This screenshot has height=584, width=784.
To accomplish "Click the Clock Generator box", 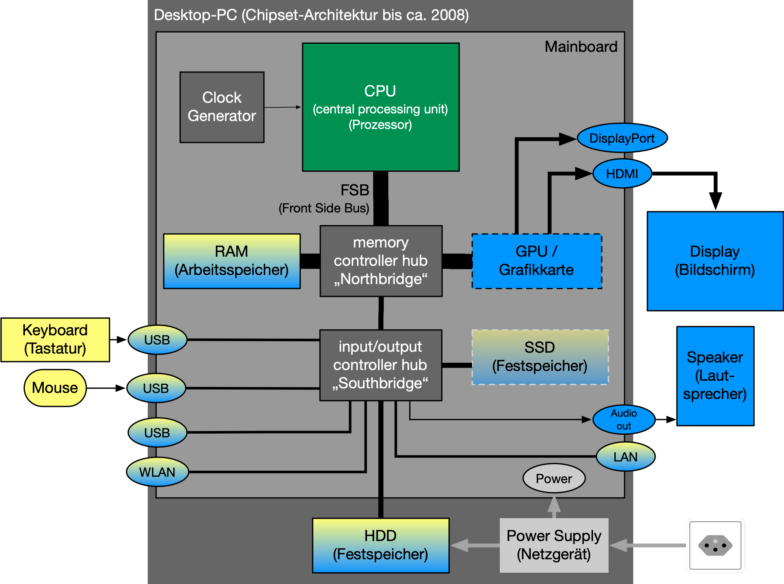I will tap(222, 107).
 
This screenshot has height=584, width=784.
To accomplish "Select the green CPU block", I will tap(380, 107).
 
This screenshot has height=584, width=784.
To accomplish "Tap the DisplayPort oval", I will tap(622, 138).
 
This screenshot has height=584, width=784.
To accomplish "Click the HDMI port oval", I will tap(622, 173).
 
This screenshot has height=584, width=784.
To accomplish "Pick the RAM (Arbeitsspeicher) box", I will tap(232, 261).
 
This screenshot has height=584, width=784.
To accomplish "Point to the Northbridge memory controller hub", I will tap(381, 261).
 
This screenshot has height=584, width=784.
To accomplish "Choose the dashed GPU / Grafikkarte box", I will tap(536, 261).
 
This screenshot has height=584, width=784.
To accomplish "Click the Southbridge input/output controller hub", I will tap(380, 365).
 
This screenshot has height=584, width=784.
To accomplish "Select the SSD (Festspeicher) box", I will tap(540, 357).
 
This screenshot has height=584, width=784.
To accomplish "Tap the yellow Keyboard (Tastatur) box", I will tap(55, 339).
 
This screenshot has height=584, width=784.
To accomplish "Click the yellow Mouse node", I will tap(55, 388).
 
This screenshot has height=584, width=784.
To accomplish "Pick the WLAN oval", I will tap(157, 472).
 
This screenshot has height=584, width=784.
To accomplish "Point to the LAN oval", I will tap(625, 457).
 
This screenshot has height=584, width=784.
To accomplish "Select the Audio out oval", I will tap(624, 420).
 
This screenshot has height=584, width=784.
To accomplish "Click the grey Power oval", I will tap(554, 478).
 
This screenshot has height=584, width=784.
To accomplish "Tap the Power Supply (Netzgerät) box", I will tap(554, 545).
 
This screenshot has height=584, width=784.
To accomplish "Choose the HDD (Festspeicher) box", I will tap(380, 545).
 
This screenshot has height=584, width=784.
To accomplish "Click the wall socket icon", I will tap(715, 545).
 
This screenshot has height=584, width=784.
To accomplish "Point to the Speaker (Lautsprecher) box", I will tap(715, 376).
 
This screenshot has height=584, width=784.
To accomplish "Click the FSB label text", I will tap(355, 190).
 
